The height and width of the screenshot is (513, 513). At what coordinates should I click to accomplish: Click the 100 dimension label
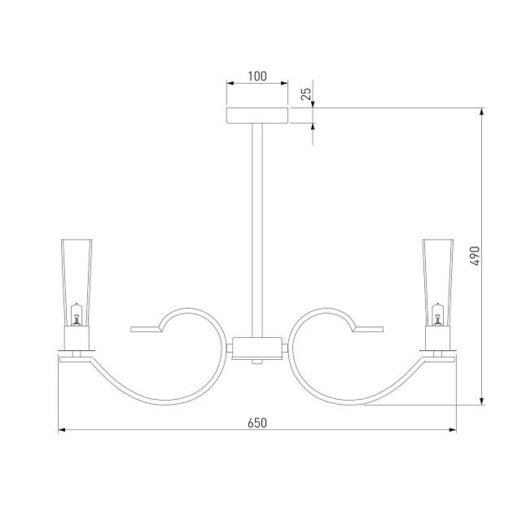pyautogui.click(x=257, y=77)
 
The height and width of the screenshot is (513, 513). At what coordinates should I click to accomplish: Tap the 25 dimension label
pyautogui.click(x=306, y=94)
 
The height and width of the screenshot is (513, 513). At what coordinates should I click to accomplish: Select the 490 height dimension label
pyautogui.click(x=475, y=256)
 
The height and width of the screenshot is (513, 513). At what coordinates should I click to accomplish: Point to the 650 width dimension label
pyautogui.click(x=257, y=423)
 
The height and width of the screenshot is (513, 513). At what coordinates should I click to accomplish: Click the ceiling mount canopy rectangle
pyautogui.click(x=257, y=116)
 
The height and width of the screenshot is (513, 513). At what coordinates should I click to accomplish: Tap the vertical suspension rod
pyautogui.click(x=257, y=230)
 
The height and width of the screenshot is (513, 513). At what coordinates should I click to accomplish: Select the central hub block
pyautogui.click(x=256, y=349)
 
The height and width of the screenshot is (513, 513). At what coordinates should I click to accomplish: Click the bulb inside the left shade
pyautogui.click(x=77, y=315)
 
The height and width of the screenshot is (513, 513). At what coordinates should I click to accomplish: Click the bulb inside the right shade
pyautogui.click(x=438, y=315)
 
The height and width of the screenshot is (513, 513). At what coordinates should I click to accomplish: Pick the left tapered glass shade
pyautogui.click(x=77, y=283)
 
